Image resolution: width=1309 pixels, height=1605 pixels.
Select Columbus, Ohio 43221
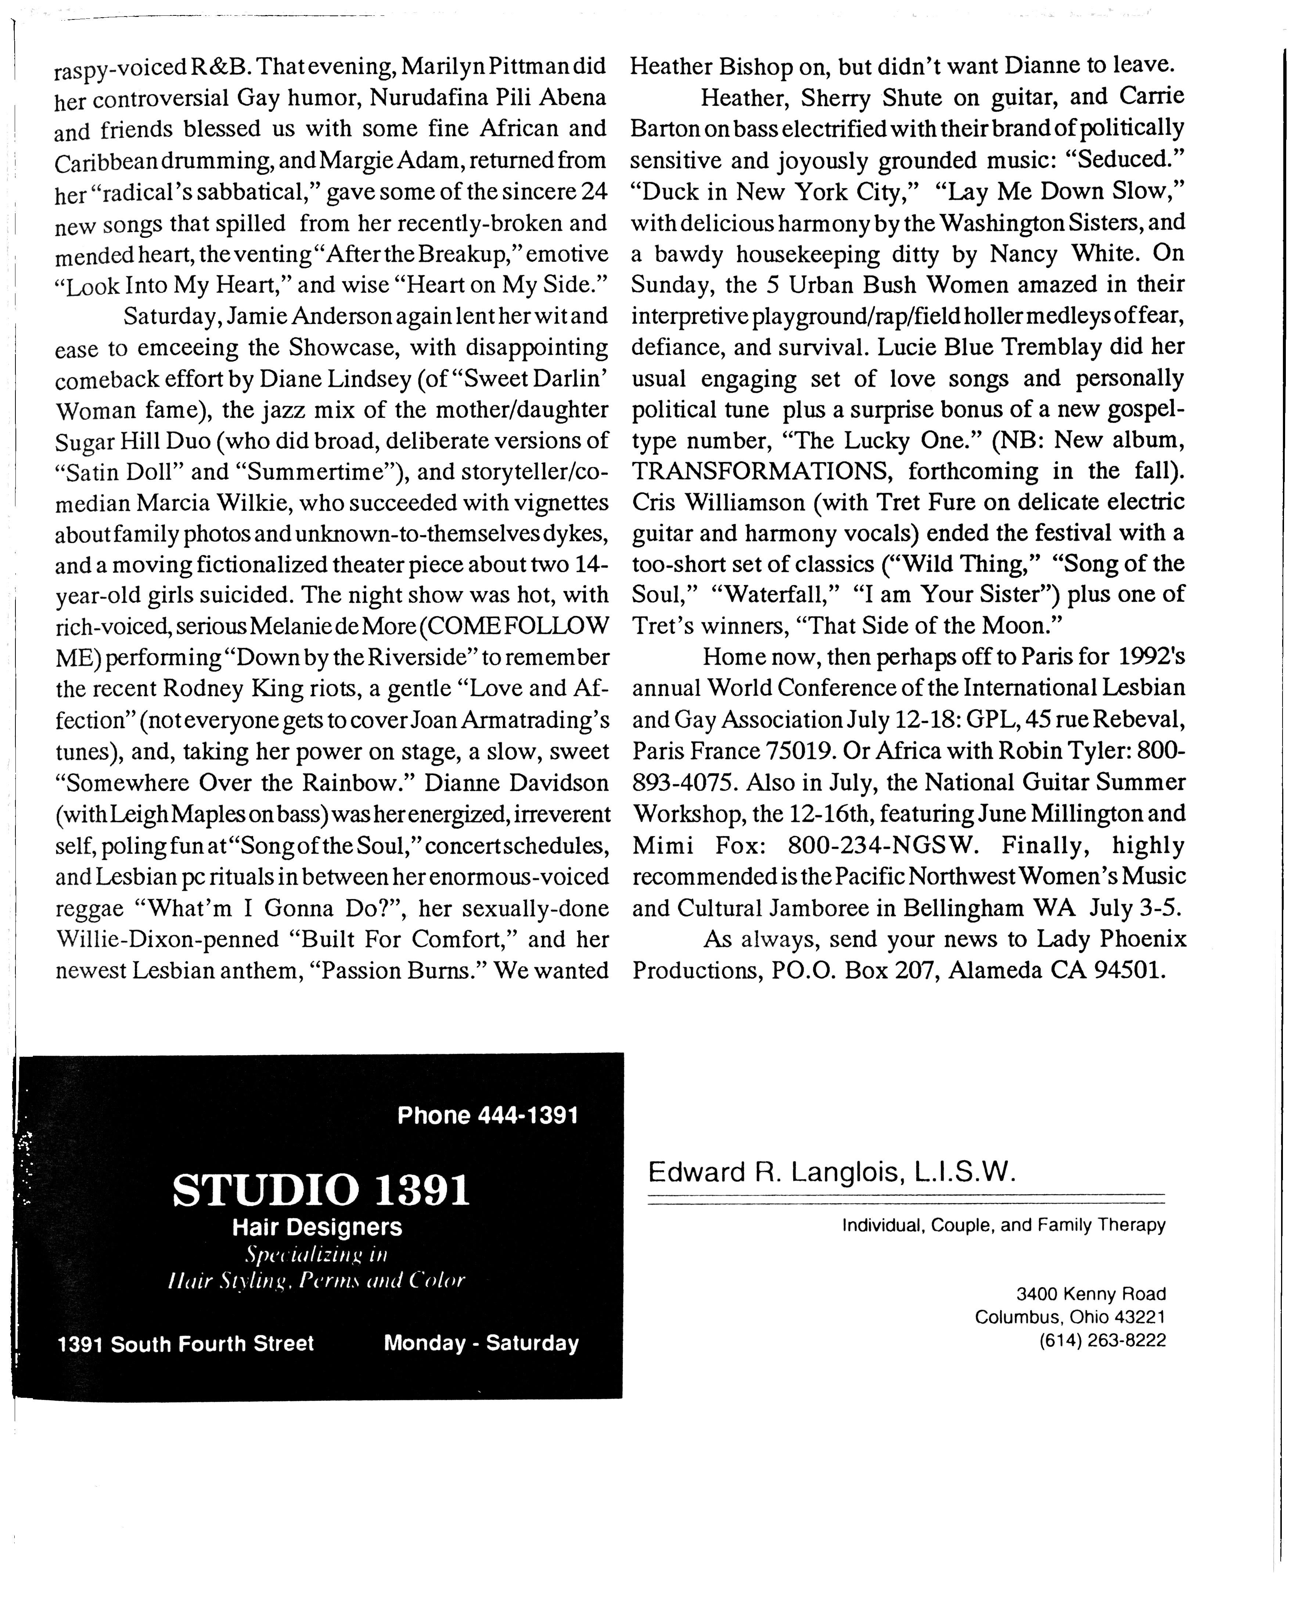[x=1070, y=1317]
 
